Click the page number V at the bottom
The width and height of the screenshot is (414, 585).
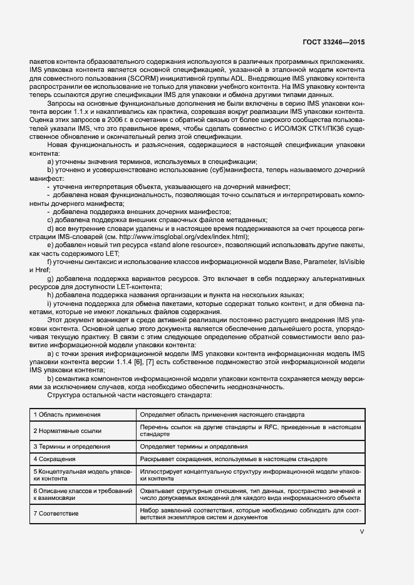pyautogui.click(x=361, y=531)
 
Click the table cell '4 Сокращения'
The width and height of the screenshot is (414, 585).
pyautogui.click(x=53, y=459)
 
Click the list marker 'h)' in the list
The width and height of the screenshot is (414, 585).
pyautogui.click(x=51, y=295)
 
